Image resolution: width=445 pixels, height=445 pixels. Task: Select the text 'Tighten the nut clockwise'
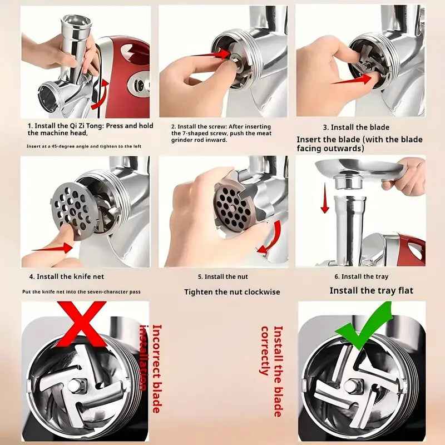[x=232, y=291]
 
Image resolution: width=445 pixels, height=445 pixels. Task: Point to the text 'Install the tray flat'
[x=371, y=290]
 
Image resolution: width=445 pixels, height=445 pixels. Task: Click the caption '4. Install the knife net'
[x=66, y=276]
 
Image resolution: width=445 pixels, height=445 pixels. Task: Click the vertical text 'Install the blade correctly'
[x=271, y=370]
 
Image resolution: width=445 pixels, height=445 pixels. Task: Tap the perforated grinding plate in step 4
[x=74, y=209]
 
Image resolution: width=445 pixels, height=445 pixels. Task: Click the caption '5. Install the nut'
[x=223, y=276]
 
